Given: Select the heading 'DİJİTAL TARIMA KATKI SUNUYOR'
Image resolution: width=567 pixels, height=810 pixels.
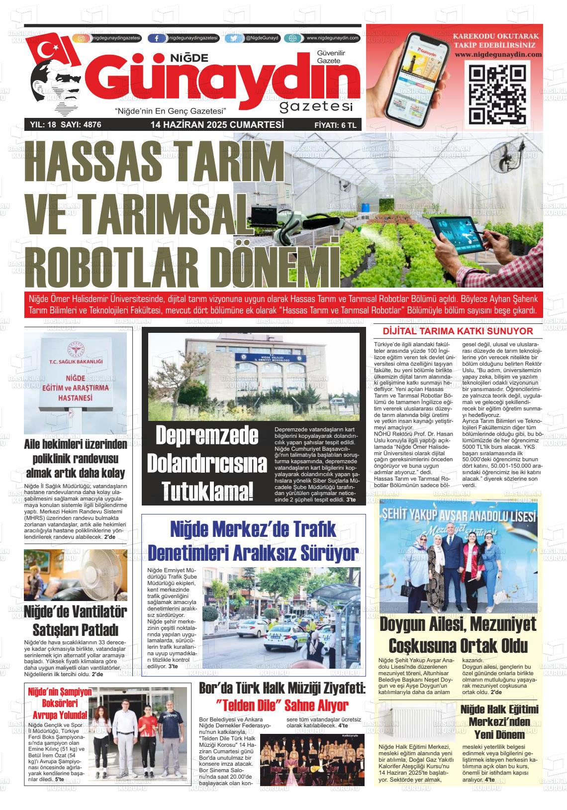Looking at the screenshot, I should (x=458, y=331).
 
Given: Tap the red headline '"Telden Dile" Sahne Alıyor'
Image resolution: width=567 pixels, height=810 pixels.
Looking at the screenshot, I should (x=282, y=705).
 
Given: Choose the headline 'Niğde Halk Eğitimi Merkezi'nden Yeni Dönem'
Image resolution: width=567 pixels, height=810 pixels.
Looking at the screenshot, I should (x=499, y=721).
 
